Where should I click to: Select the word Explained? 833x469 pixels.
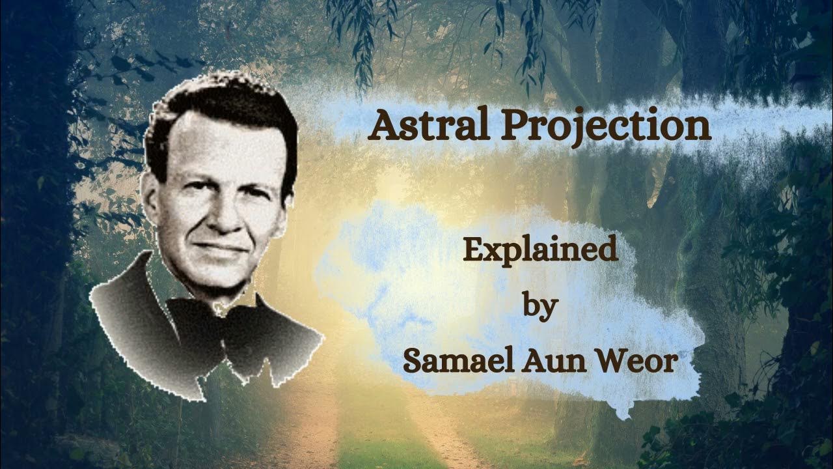click(x=539, y=250)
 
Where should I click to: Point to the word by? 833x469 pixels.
click(x=539, y=306)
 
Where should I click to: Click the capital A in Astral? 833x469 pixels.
click(x=384, y=126)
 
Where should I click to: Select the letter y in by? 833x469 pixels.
click(x=548, y=307)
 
